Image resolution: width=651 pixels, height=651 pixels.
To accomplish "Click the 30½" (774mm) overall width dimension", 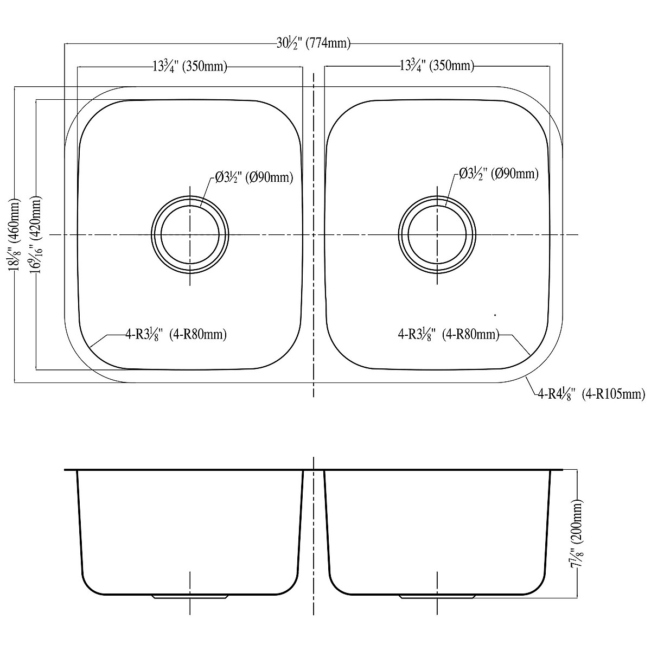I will tap(313, 44).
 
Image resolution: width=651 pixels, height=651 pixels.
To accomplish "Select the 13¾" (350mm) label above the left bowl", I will tap(189, 67).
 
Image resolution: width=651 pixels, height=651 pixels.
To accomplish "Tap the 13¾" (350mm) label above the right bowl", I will tap(437, 66).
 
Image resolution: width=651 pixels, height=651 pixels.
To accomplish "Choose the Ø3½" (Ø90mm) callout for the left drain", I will tap(254, 177).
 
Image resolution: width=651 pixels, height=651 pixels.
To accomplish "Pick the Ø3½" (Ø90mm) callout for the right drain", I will tap(499, 174).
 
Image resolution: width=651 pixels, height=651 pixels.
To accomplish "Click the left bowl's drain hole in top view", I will tap(190, 235).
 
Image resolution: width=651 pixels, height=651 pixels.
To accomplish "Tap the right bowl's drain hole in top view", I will tap(437, 235).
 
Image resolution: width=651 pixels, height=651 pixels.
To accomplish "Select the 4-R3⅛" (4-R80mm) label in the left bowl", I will tap(176, 335).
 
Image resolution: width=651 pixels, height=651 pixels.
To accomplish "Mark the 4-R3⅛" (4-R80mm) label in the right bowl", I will tap(448, 335).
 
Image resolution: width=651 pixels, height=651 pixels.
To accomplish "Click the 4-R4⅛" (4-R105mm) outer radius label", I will tap(591, 394).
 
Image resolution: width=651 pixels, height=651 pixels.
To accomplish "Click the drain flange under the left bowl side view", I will tap(190, 597).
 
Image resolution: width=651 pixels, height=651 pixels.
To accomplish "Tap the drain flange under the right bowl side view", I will tap(437, 597).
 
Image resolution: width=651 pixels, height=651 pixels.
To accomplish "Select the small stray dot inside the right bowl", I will tap(496, 315).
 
